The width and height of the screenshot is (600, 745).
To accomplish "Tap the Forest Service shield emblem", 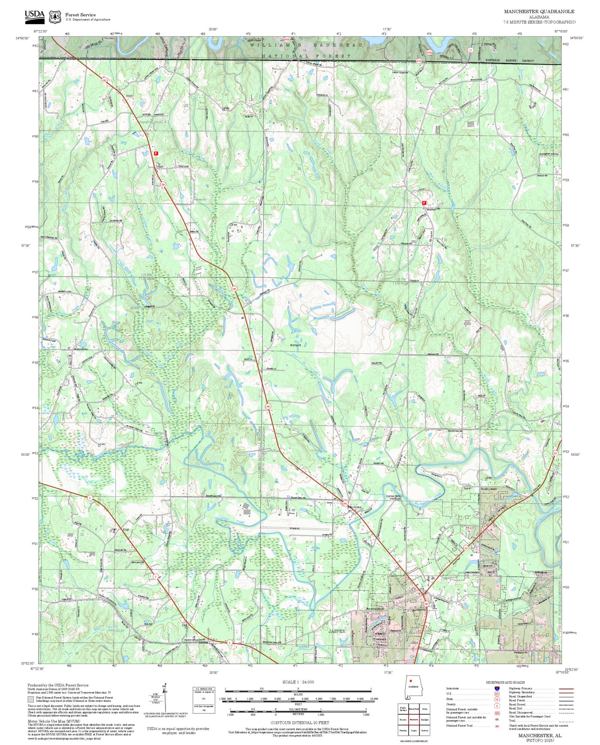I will click(55, 17).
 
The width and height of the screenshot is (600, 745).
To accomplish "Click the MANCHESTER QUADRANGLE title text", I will click(539, 12).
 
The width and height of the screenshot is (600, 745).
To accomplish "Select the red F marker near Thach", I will click(156, 153).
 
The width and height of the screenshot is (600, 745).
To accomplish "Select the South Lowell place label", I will click(488, 489).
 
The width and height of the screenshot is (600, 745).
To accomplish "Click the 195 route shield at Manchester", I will click(345, 503).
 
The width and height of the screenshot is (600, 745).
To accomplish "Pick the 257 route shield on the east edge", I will click(555, 453).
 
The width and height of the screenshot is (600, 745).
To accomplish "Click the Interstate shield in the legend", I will click(497, 688).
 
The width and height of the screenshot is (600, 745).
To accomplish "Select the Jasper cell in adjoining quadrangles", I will click(414, 730).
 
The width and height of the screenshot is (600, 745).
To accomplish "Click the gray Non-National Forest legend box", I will click(31, 699).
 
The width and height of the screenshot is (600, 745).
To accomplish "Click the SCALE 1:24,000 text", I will click(298, 682).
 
